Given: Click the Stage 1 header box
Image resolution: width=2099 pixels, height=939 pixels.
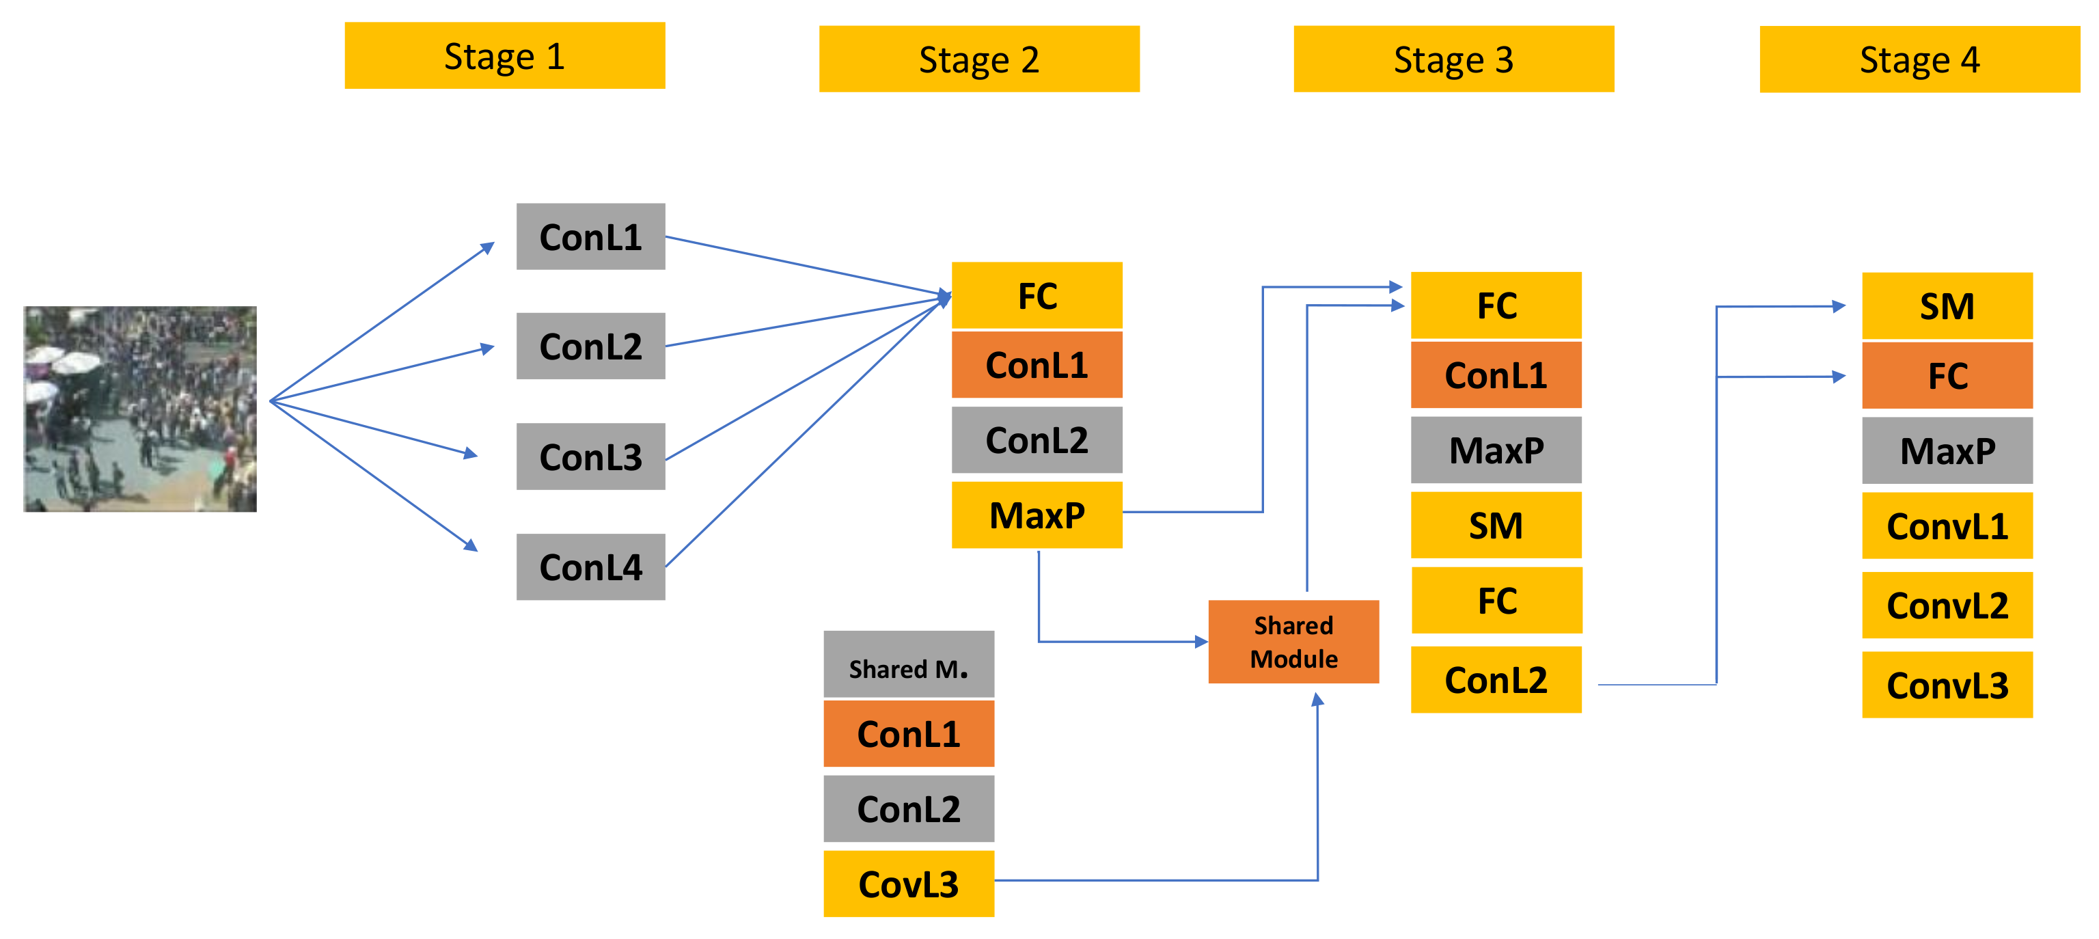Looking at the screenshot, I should pyautogui.click(x=504, y=55).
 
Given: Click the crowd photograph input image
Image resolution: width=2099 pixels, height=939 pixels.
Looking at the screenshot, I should pyautogui.click(x=140, y=409).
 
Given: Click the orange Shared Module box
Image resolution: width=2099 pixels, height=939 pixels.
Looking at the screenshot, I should pyautogui.click(x=1293, y=642).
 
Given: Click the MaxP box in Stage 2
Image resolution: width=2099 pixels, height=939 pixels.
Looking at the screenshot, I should pyautogui.click(x=1037, y=515).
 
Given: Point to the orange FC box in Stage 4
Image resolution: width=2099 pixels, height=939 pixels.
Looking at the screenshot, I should pyautogui.click(x=1947, y=376).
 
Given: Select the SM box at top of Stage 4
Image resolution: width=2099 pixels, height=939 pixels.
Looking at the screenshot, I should pyautogui.click(x=1947, y=305).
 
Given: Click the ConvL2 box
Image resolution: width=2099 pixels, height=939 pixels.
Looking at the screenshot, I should pyautogui.click(x=1947, y=605).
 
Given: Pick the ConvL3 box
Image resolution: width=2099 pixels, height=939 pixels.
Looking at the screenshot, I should pyautogui.click(x=1947, y=685).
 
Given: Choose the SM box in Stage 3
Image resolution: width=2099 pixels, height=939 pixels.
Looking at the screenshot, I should pyautogui.click(x=1496, y=525).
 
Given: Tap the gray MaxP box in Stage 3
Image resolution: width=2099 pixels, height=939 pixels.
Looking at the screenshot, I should pyautogui.click(x=1496, y=450).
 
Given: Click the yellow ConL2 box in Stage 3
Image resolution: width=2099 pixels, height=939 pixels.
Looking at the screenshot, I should pyautogui.click(x=1496, y=679).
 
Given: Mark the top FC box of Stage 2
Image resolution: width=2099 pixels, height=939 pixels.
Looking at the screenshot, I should pyautogui.click(x=1037, y=295).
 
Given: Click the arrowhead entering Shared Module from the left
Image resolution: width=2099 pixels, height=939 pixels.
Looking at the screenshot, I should pyautogui.click(x=1201, y=642).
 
